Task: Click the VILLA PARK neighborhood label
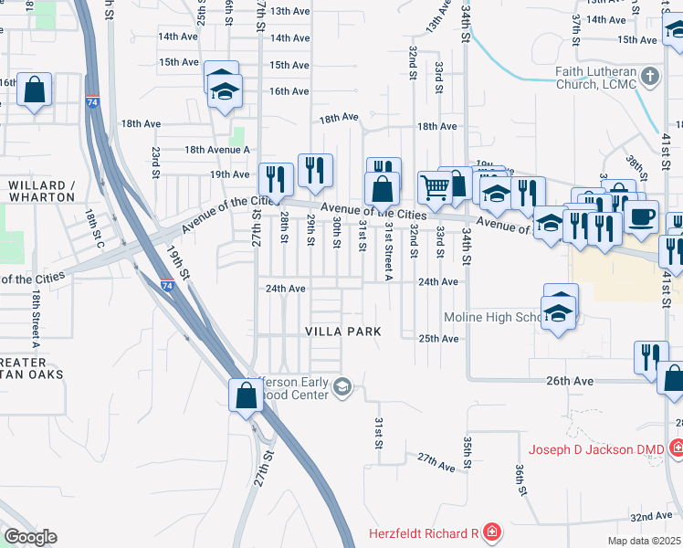click(341, 331)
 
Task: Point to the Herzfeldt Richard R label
click(424, 532)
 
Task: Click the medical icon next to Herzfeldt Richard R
click(491, 532)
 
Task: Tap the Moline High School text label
click(494, 317)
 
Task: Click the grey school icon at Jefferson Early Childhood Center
click(341, 387)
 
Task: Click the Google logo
click(30, 536)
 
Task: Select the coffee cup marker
click(642, 216)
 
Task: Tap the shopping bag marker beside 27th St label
click(246, 395)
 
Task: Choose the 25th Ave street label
click(437, 339)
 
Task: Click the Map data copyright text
click(645, 541)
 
